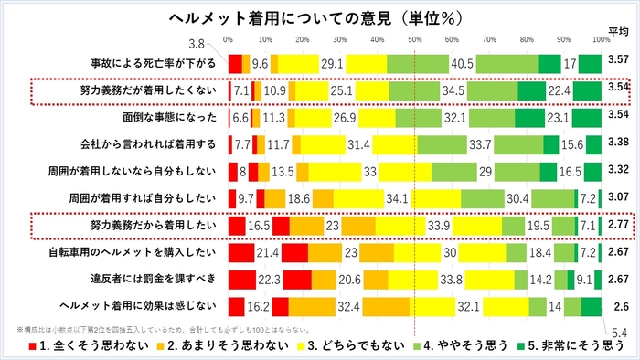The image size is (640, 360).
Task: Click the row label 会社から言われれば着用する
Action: tap(149, 144)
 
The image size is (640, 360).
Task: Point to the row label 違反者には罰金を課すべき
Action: tap(154, 279)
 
